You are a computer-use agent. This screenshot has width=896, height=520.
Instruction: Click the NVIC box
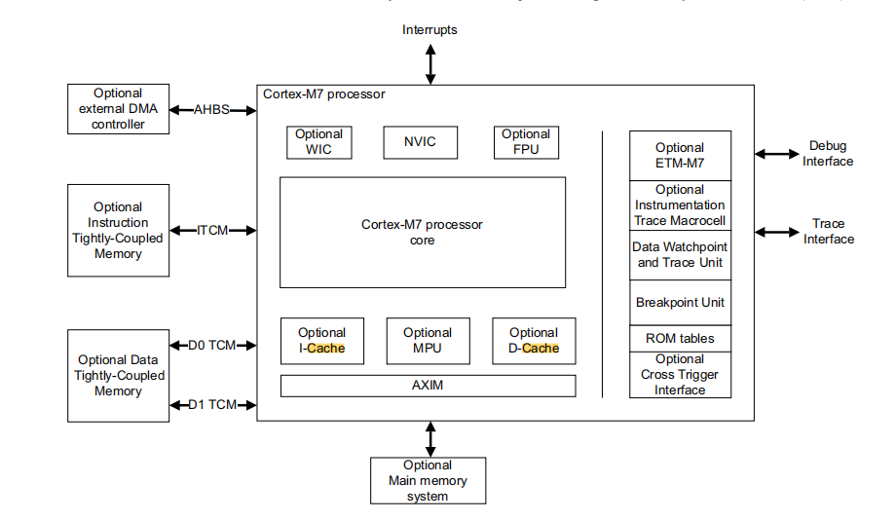(420, 142)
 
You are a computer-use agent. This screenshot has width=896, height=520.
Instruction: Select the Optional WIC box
(318, 142)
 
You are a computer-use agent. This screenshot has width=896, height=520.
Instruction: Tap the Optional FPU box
(526, 142)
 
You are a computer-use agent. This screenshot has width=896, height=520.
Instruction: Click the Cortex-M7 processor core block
(422, 232)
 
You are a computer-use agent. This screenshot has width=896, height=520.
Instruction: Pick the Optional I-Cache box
(321, 341)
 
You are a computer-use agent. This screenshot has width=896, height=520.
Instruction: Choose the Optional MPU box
(428, 341)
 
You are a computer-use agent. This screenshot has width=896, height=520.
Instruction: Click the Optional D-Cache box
(533, 341)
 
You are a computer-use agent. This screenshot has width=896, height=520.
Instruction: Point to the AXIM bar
(428, 386)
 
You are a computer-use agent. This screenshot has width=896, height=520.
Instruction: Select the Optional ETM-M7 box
(680, 156)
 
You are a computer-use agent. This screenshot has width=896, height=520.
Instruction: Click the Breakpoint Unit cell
(680, 302)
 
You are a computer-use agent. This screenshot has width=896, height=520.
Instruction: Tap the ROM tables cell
(680, 339)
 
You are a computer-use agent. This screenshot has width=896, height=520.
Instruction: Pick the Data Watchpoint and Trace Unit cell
(680, 255)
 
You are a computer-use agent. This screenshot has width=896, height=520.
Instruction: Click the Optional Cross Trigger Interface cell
(680, 375)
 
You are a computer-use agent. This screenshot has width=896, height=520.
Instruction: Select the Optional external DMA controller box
(117, 109)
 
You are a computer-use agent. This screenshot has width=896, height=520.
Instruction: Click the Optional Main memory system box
(428, 480)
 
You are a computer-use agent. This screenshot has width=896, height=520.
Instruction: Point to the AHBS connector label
(211, 110)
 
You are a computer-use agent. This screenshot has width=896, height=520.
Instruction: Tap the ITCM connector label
(212, 231)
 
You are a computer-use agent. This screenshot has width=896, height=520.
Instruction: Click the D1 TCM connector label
(212, 404)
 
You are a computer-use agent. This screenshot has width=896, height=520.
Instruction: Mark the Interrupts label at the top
(429, 30)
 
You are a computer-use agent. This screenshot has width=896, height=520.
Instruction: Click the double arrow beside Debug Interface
(775, 154)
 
